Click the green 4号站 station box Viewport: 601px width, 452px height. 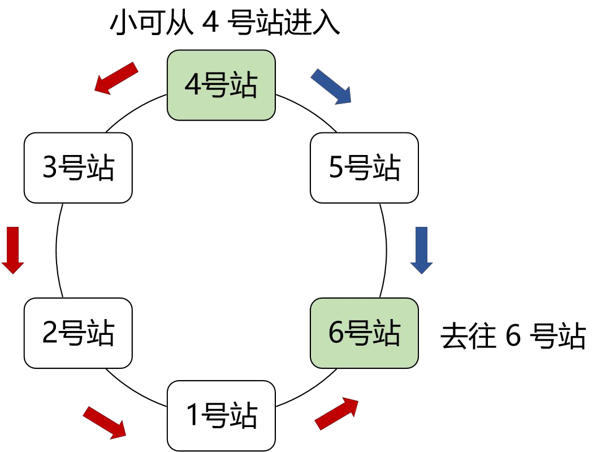pos(221,85)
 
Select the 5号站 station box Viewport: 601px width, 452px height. pos(364,167)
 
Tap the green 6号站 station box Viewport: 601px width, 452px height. pos(364,333)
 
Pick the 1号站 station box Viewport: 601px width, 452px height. pos(221,416)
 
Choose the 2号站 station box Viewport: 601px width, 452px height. pos(78,333)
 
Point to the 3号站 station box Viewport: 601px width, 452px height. pos(78,167)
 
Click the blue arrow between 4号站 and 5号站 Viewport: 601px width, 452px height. pos(331,87)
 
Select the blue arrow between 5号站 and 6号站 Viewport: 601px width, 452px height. pos(422,251)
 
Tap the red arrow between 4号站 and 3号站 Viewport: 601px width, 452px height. pos(116,78)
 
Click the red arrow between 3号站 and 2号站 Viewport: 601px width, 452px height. pos(13,251)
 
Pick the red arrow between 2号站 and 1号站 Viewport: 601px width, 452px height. pos(105,423)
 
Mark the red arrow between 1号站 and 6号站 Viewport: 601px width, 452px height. pos(336,414)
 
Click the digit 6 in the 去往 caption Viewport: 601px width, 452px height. pos(513,336)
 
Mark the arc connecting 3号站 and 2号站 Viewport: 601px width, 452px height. pos(57,251)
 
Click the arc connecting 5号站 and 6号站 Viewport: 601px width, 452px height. pos(386,251)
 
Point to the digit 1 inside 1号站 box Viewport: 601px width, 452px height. pos(193,415)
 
